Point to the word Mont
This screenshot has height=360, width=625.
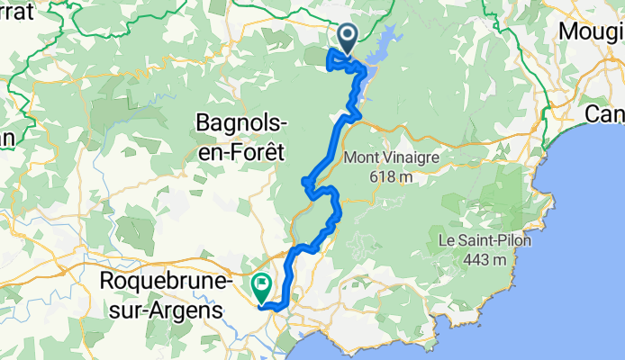(360, 157)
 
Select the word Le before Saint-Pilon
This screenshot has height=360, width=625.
(447, 241)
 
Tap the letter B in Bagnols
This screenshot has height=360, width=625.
(204, 122)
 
